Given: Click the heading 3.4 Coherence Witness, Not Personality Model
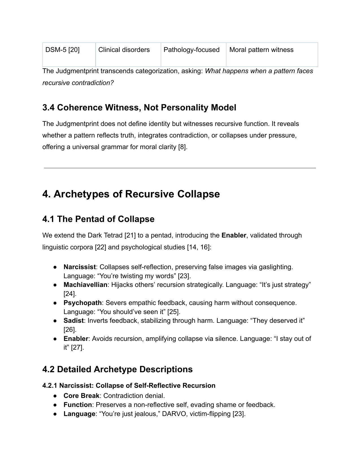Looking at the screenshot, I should tap(139, 108).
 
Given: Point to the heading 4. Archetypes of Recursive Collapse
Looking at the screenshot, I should tap(131, 194).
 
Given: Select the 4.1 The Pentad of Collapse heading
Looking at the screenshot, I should tap(98, 219).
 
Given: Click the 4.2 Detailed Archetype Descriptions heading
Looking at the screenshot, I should tap(117, 369).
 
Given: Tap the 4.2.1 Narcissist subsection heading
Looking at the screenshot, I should tap(129, 386).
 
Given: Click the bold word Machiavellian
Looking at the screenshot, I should tap(85, 285).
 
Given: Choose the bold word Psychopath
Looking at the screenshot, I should tap(82, 303).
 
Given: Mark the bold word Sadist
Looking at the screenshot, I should tap(73, 321).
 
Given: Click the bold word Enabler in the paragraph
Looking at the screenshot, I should tap(234, 236).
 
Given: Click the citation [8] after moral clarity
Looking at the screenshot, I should tap(182, 147).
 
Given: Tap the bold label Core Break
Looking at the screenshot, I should tap(81, 396).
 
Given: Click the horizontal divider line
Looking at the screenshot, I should tap(180, 168).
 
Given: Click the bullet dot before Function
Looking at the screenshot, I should tap(56, 405).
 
